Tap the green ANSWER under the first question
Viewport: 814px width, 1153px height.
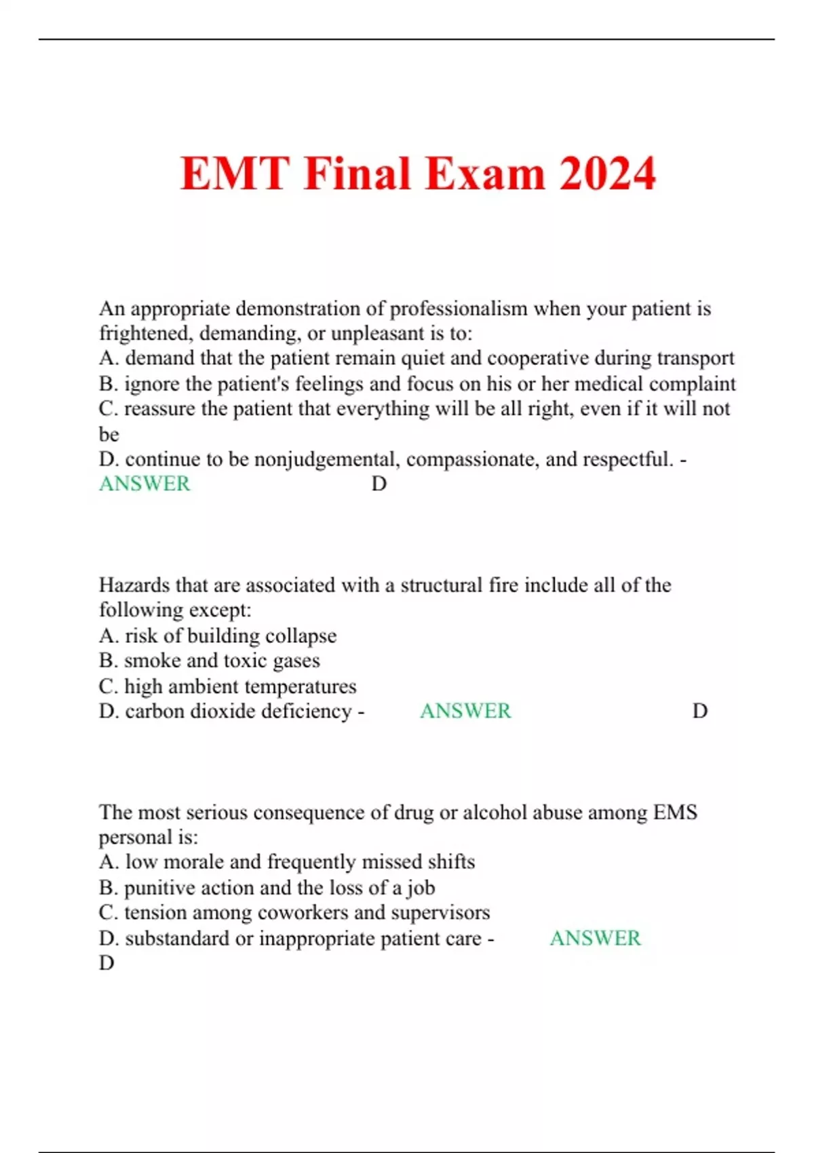pyautogui.click(x=144, y=484)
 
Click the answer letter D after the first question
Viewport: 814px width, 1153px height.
pyautogui.click(x=379, y=484)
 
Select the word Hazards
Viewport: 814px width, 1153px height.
pyautogui.click(x=134, y=585)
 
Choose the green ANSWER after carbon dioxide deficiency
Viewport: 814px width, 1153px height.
pyautogui.click(x=465, y=711)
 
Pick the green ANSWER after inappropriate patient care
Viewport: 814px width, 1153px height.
pyautogui.click(x=595, y=938)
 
